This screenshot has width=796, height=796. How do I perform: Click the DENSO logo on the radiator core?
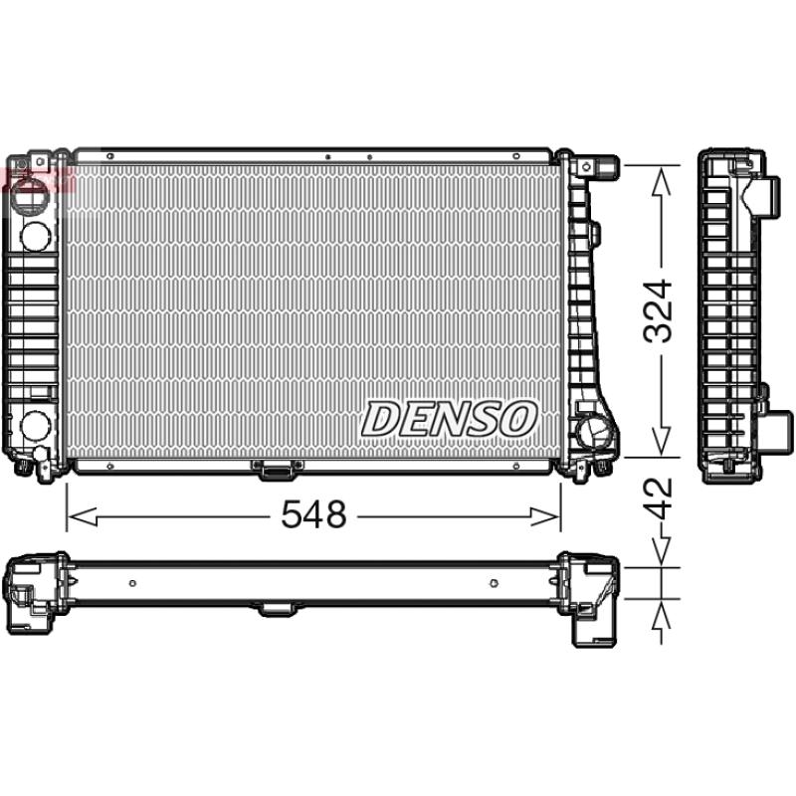(449, 419)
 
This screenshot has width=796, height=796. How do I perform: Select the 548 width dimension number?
(313, 513)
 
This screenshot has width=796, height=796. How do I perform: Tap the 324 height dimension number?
(658, 310)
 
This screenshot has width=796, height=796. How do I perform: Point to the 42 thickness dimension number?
(658, 499)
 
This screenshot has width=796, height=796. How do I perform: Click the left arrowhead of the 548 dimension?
(83, 516)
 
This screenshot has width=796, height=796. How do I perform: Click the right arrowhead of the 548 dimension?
(544, 516)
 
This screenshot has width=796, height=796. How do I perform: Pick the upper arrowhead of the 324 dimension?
(661, 182)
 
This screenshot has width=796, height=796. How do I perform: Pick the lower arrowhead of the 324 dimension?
(661, 441)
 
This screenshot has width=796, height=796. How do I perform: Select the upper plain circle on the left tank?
(35, 236)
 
